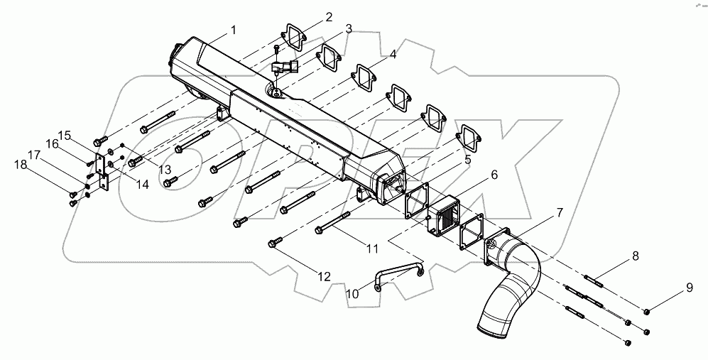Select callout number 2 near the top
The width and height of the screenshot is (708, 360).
pos(329,16)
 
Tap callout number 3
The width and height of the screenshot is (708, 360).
pos(349,29)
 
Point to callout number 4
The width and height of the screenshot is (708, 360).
pos(393,54)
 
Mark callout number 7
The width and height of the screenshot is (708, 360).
pos(560,212)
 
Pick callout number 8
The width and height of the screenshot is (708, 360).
pos(635,255)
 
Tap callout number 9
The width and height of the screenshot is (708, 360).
pos(688,288)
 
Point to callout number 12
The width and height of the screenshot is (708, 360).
pos(324,277)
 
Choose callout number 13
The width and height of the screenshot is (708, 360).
pos(165,169)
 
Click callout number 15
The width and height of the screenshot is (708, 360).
pos(65,135)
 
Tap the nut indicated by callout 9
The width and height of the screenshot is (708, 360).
pos(648,312)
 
